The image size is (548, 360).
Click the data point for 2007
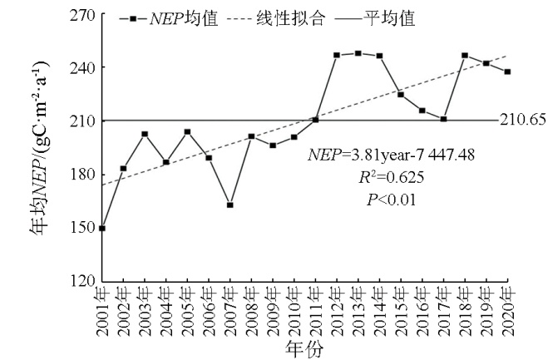[230, 205]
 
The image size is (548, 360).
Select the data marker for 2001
[101, 228]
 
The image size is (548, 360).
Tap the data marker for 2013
[358, 53]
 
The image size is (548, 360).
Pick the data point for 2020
[507, 72]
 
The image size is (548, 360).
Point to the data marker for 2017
[443, 119]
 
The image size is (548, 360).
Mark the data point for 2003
[145, 134]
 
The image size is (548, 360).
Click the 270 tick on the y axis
[81, 14]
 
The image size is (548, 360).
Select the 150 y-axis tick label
[81, 228]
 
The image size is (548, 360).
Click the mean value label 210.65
[522, 120]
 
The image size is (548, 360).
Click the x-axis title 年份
[304, 347]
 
